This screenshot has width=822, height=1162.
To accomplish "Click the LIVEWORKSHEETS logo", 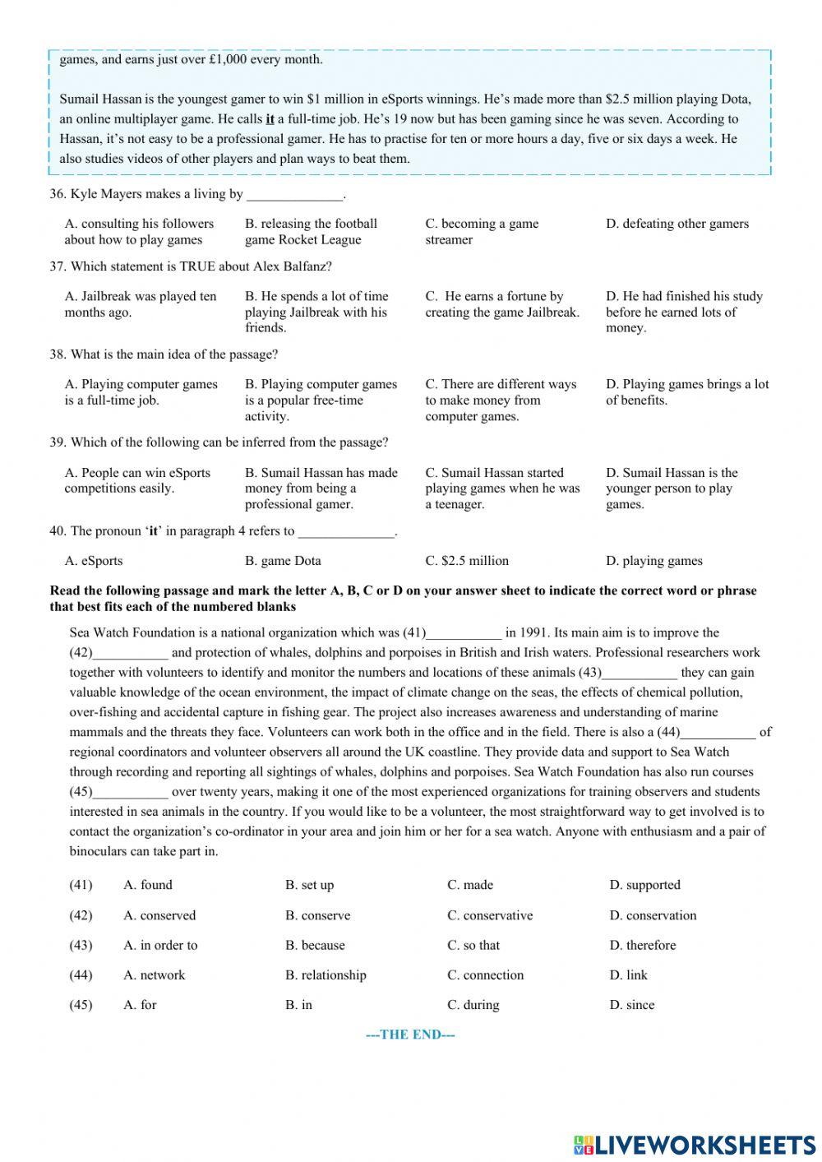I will pyautogui.click(x=695, y=1144).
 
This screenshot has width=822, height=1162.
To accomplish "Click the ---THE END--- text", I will pyautogui.click(x=410, y=1035).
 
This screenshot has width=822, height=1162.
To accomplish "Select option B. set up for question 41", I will pyautogui.click(x=309, y=885).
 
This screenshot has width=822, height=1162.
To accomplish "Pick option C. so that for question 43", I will pyautogui.click(x=473, y=945).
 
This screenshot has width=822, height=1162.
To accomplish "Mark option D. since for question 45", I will pyautogui.click(x=632, y=1004).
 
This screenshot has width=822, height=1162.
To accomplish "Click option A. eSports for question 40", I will pyautogui.click(x=94, y=561).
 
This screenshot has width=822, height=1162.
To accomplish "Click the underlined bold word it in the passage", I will pyautogui.click(x=270, y=119).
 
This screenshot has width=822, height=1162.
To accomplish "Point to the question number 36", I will pyautogui.click(x=57, y=194).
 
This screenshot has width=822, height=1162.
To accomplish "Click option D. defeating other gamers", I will pyautogui.click(x=677, y=224).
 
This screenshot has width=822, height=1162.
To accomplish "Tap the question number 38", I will pyautogui.click(x=57, y=354).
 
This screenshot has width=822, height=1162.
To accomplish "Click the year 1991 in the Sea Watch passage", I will pyautogui.click(x=535, y=632).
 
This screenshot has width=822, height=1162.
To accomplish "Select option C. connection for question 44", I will pyautogui.click(x=485, y=975).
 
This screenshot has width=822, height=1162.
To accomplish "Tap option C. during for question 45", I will pyautogui.click(x=473, y=1004).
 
